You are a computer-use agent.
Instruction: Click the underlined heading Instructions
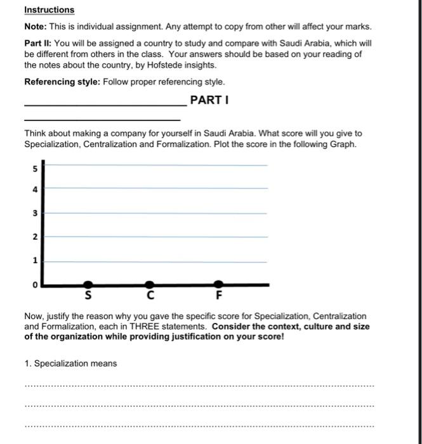pyautogui.click(x=49, y=10)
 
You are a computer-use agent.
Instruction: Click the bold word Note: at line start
pyautogui.click(x=36, y=28)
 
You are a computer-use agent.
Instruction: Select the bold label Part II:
pyautogui.click(x=39, y=43)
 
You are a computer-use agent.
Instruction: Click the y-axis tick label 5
pyautogui.click(x=36, y=169)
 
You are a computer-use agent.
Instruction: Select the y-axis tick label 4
pyautogui.click(x=36, y=190)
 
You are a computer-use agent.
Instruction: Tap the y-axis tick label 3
pyautogui.click(x=36, y=214)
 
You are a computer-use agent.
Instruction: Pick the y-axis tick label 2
pyautogui.click(x=36, y=237)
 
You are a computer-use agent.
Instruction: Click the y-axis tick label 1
pyautogui.click(x=36, y=261)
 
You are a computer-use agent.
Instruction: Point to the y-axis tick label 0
pyautogui.click(x=36, y=285)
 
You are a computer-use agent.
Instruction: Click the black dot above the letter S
pyautogui.click(x=88, y=285)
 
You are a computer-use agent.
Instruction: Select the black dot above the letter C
pyautogui.click(x=149, y=285)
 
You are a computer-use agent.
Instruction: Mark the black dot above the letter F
pyautogui.click(x=218, y=285)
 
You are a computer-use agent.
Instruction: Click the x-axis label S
pyautogui.click(x=88, y=296)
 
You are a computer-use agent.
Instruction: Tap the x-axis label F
pyautogui.click(x=218, y=296)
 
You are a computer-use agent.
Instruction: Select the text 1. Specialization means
pyautogui.click(x=70, y=363)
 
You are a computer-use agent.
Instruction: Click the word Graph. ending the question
pyautogui.click(x=344, y=144)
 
